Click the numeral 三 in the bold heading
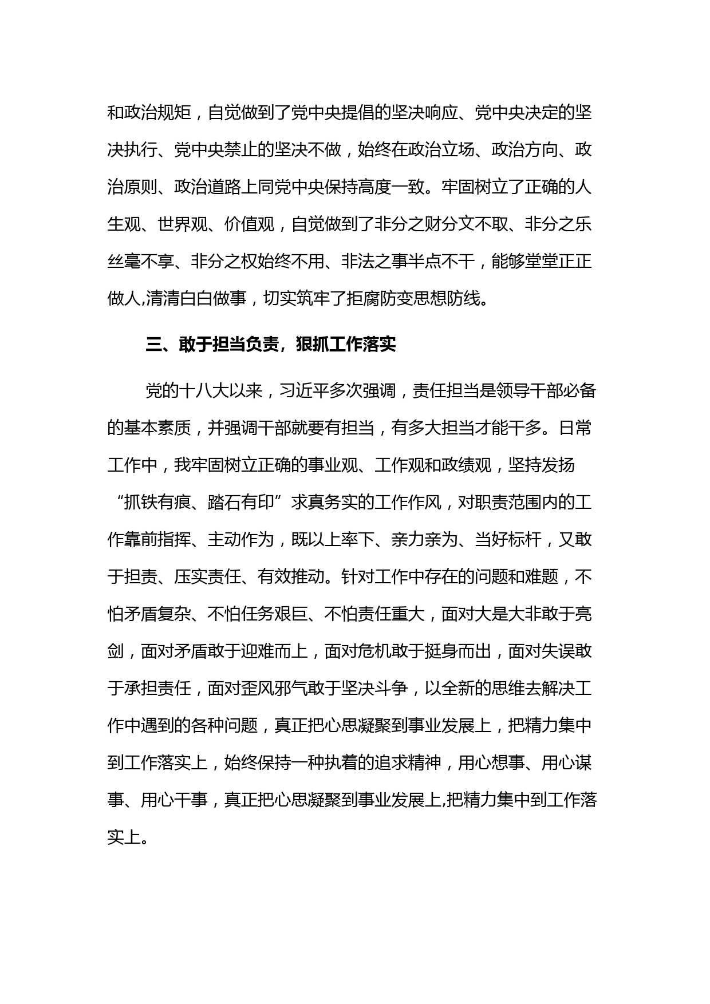(x=154, y=345)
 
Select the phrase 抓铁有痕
(x=157, y=503)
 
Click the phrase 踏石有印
(x=240, y=503)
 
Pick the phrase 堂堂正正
(x=558, y=261)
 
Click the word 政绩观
(x=467, y=465)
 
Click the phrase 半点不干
(x=441, y=261)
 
